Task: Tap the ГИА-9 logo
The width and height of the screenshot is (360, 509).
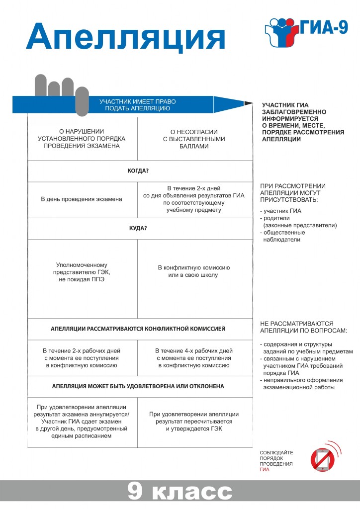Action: coord(305,30)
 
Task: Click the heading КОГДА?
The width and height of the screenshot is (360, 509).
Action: coord(138,171)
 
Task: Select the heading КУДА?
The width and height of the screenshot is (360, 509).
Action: coord(138,228)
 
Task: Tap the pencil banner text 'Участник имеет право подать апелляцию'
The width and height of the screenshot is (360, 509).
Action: coord(138,105)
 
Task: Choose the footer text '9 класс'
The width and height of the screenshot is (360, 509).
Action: coord(180,491)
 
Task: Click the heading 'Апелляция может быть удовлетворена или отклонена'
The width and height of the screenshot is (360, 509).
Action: coord(138,386)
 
